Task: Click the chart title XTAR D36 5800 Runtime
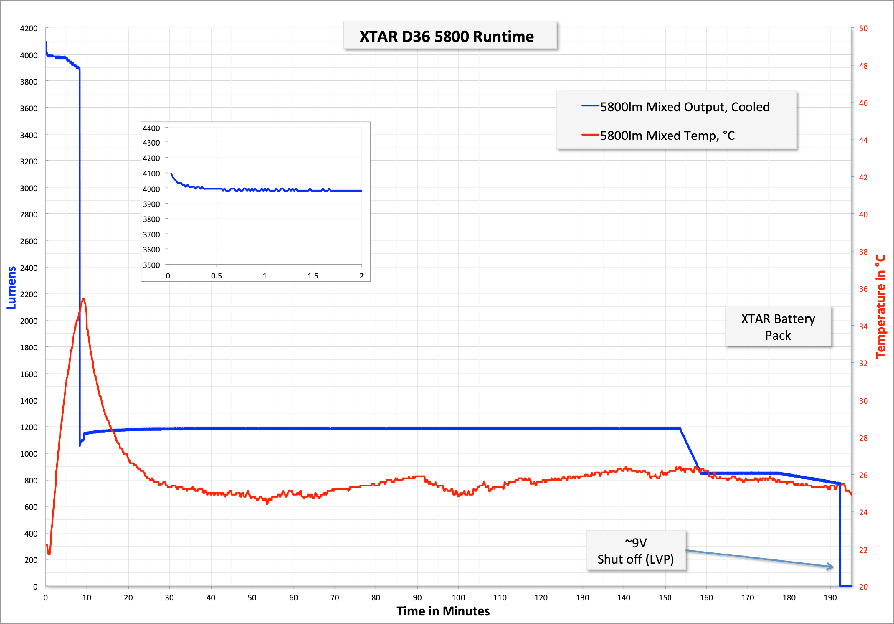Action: point(447,36)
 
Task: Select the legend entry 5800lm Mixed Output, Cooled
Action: point(675,107)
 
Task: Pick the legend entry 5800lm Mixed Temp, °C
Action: point(658,135)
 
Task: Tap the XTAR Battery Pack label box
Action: point(778,327)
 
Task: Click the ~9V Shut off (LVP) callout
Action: point(636,551)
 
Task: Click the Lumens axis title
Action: point(11,288)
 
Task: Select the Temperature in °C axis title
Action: point(880,306)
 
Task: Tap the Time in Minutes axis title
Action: point(443,611)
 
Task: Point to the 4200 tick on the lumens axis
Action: point(29,28)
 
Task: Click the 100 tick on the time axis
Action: point(458,597)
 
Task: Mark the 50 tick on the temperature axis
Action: point(863,28)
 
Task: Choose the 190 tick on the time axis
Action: point(830,597)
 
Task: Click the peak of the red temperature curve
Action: point(84,299)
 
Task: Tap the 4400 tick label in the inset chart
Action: point(151,128)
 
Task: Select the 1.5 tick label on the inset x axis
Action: point(313,276)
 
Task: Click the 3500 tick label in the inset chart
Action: point(151,265)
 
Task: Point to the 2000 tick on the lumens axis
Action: point(29,321)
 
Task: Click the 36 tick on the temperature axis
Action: point(863,289)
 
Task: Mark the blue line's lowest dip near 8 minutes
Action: point(80,445)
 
